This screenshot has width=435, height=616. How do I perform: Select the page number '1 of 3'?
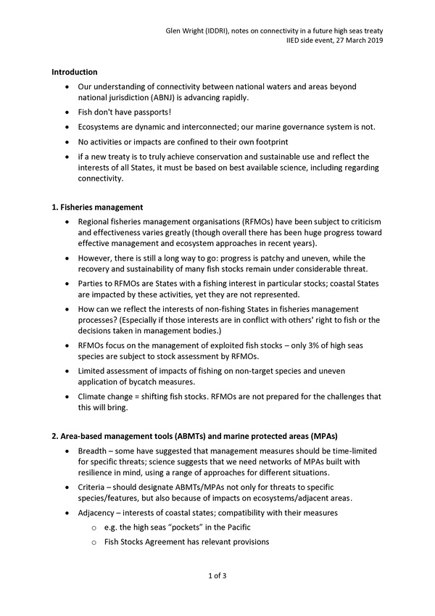(x=217, y=576)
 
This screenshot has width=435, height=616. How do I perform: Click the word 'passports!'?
(x=149, y=113)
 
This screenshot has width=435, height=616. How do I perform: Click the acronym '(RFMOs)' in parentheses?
(x=245, y=221)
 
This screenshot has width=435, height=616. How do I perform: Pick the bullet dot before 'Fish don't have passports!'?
(x=68, y=113)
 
